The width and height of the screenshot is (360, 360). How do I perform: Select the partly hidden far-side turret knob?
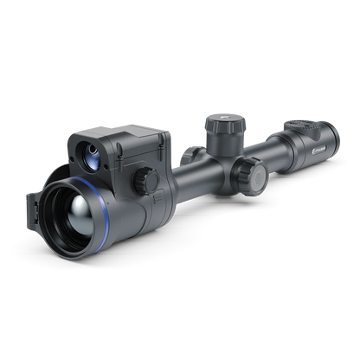(188, 153)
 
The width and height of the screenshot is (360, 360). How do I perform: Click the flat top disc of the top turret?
(217, 119)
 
